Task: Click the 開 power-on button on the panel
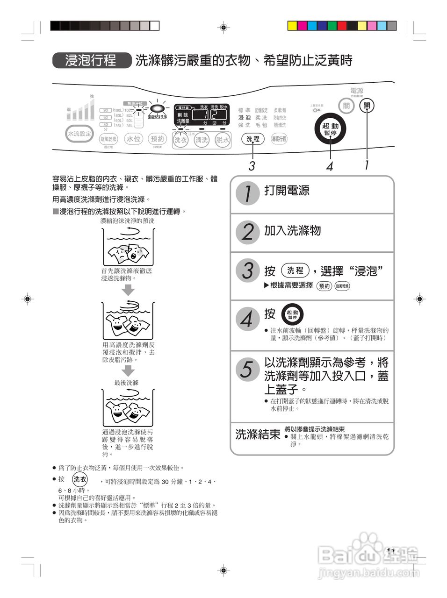coord(367,106)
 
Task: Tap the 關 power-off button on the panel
coord(346,106)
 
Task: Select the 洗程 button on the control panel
coord(253,139)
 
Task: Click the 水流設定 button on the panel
coord(79,134)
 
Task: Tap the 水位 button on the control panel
coord(134,139)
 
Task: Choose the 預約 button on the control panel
coord(158,139)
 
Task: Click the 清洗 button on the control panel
coord(202,140)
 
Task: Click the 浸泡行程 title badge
coord(91,61)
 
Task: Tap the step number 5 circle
coord(247,369)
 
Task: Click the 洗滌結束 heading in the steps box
coord(258,434)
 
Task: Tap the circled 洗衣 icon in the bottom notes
coord(80,479)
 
